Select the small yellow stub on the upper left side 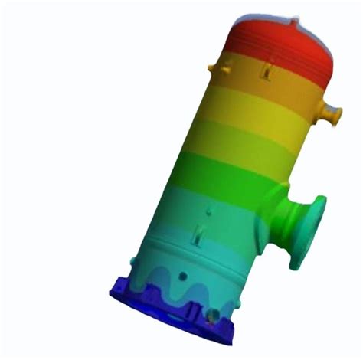point(227,70)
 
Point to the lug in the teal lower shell point(201,234)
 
